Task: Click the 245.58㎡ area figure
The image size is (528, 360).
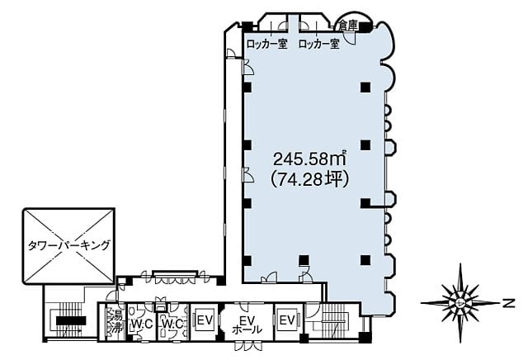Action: point(310,159)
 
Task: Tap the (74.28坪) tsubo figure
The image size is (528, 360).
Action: point(310,179)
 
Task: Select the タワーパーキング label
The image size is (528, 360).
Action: point(69,245)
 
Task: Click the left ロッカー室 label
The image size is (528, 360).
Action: point(267,44)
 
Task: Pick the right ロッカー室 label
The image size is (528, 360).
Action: point(319,44)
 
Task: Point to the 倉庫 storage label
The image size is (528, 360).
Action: point(348,26)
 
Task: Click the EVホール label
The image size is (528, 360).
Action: point(247,324)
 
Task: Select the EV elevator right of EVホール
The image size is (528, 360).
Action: point(287,320)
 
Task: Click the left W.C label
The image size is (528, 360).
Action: point(142,324)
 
